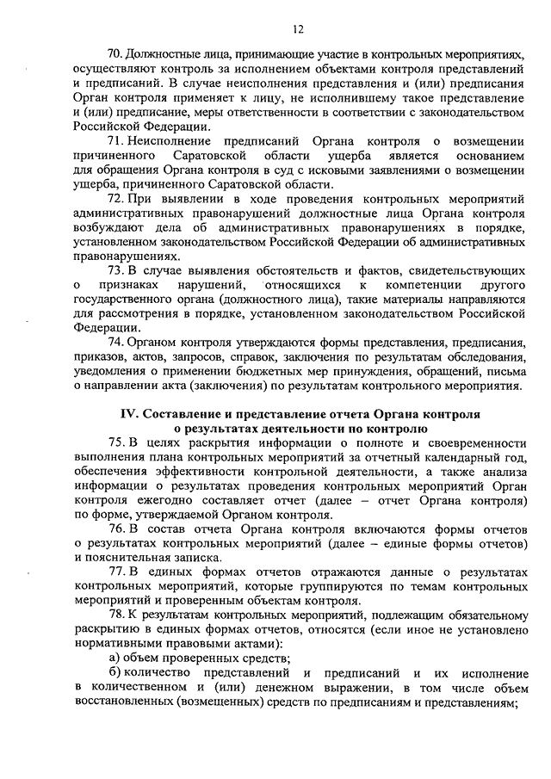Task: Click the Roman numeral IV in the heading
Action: [127, 414]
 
